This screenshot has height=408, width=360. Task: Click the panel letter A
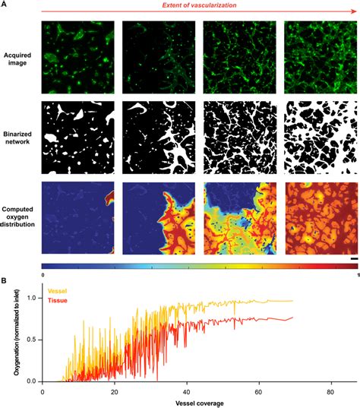coord(5,5)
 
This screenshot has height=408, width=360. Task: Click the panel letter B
coord(5,281)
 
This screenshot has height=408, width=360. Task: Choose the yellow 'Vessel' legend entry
coord(56,291)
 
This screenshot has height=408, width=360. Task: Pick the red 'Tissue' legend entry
coord(56,300)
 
